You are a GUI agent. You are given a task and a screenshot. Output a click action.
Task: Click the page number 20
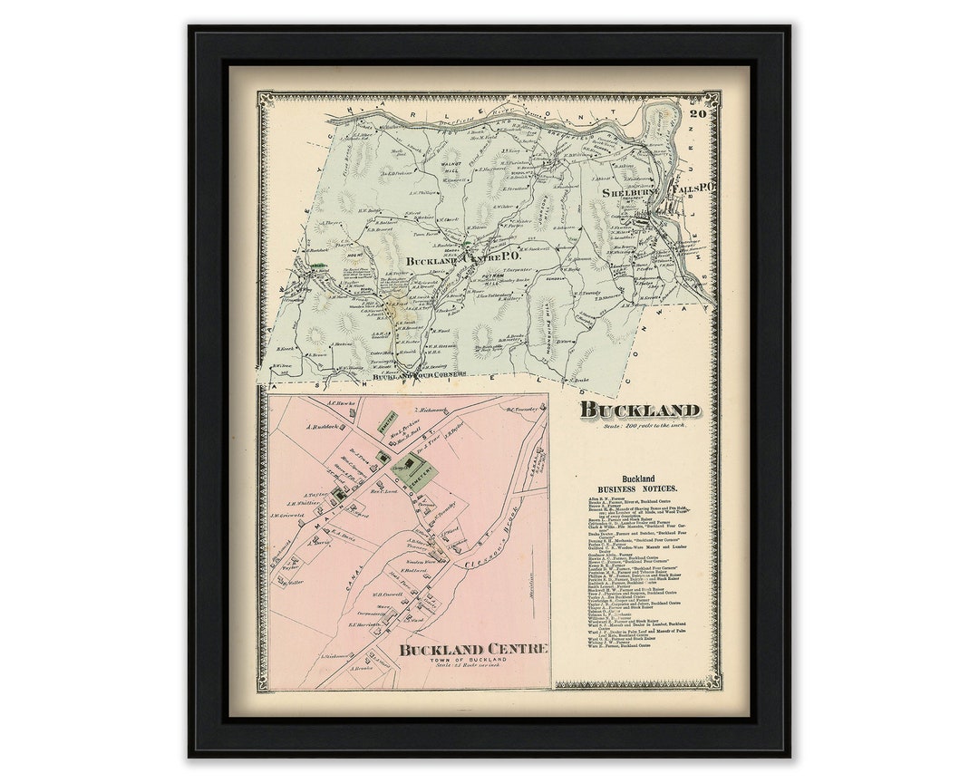[x=697, y=114]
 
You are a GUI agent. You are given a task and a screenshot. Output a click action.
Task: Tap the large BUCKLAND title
[x=640, y=410]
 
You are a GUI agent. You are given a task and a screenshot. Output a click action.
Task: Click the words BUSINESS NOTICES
[x=638, y=488]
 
